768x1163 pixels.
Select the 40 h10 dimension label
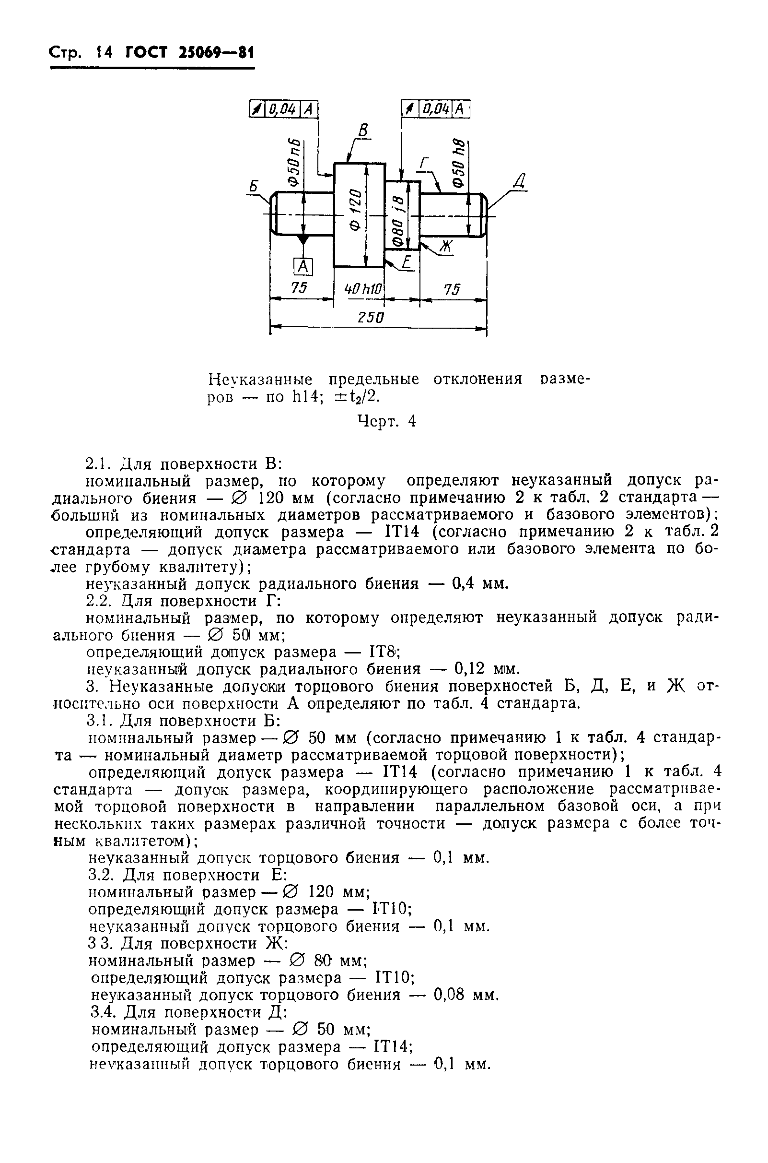pyautogui.click(x=363, y=289)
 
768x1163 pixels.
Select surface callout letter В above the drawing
pyautogui.click(x=363, y=131)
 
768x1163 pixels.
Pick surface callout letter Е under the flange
pyautogui.click(x=406, y=264)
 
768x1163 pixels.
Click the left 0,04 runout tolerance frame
pyautogui.click(x=284, y=109)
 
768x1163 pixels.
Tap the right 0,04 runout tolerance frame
pyautogui.click(x=435, y=109)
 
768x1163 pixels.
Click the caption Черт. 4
pyautogui.click(x=386, y=420)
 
